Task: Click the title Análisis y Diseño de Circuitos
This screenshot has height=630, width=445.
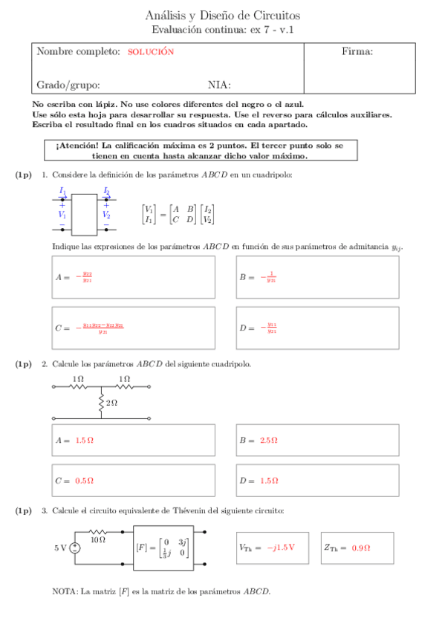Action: (x=223, y=16)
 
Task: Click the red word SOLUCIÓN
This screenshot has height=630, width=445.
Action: (x=150, y=52)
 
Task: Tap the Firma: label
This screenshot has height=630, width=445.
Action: (x=357, y=51)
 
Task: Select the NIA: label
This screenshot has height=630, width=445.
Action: (x=219, y=85)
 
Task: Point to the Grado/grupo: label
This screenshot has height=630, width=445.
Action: (x=68, y=85)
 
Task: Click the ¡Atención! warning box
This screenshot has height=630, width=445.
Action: (x=199, y=151)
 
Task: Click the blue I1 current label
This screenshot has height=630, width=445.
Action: (x=63, y=192)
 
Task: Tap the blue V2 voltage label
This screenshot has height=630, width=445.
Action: (x=106, y=215)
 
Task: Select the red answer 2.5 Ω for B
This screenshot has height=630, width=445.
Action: (x=269, y=441)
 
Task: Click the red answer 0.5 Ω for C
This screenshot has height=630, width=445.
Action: (x=84, y=481)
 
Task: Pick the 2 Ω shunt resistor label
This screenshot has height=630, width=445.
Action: (x=111, y=402)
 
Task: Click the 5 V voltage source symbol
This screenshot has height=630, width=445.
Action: (x=75, y=548)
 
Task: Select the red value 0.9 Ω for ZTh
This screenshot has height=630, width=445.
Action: (x=361, y=548)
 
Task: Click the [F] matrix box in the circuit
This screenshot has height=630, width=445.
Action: (x=163, y=549)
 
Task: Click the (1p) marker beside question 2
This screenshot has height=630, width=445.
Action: (x=24, y=364)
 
